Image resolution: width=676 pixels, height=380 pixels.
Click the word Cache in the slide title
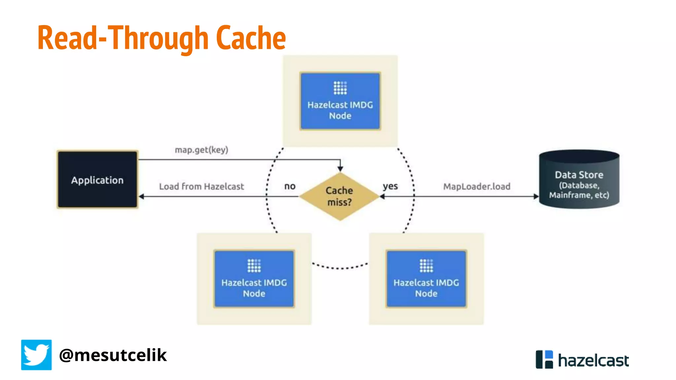pos(251,38)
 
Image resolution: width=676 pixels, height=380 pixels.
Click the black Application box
pos(97,180)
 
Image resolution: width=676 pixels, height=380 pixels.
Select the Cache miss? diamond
pos(339,196)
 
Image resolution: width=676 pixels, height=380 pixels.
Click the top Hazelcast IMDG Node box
pos(340,101)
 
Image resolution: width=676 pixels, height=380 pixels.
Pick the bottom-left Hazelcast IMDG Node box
pos(254,279)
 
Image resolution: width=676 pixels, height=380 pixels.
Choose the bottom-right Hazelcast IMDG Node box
pos(426,279)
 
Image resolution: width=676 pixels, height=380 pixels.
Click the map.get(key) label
pos(201,150)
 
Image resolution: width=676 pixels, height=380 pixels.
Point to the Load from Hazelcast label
pos(201,186)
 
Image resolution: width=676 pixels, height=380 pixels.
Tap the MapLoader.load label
pos(477,186)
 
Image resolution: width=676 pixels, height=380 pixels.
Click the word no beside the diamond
pos(290,186)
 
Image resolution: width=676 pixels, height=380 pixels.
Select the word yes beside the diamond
pos(390,186)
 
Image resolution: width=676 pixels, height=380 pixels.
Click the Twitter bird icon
pos(36,355)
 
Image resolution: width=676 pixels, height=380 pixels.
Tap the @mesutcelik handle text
pos(113,355)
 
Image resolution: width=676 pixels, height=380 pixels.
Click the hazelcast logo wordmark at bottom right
pos(593,360)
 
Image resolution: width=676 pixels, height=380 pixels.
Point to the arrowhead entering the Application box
pos(142,197)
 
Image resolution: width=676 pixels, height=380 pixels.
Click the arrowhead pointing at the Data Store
pos(536,197)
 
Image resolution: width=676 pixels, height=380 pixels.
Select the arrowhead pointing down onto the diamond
pos(340,169)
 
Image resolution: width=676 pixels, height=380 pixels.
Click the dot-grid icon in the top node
pos(340,88)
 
